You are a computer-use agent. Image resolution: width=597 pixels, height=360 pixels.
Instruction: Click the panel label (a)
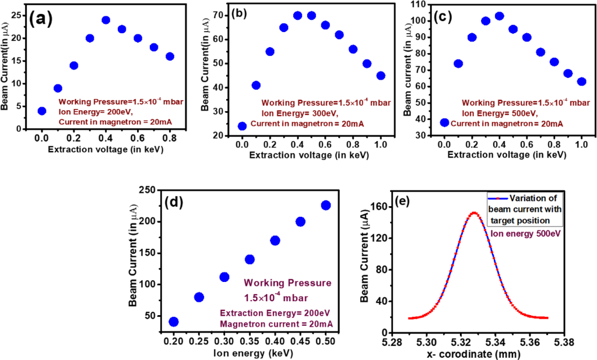(41, 18)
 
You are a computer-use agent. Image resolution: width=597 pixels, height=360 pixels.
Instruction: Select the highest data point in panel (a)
(106, 20)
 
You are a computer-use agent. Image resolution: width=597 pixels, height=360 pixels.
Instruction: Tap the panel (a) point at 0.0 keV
(41, 111)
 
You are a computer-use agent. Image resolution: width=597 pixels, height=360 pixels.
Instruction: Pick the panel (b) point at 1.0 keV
(381, 75)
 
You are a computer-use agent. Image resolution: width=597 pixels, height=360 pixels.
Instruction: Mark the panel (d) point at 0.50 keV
(326, 205)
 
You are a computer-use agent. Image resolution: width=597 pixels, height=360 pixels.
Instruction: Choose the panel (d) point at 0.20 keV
(173, 322)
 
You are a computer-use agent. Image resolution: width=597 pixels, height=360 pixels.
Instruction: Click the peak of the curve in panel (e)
(474, 213)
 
